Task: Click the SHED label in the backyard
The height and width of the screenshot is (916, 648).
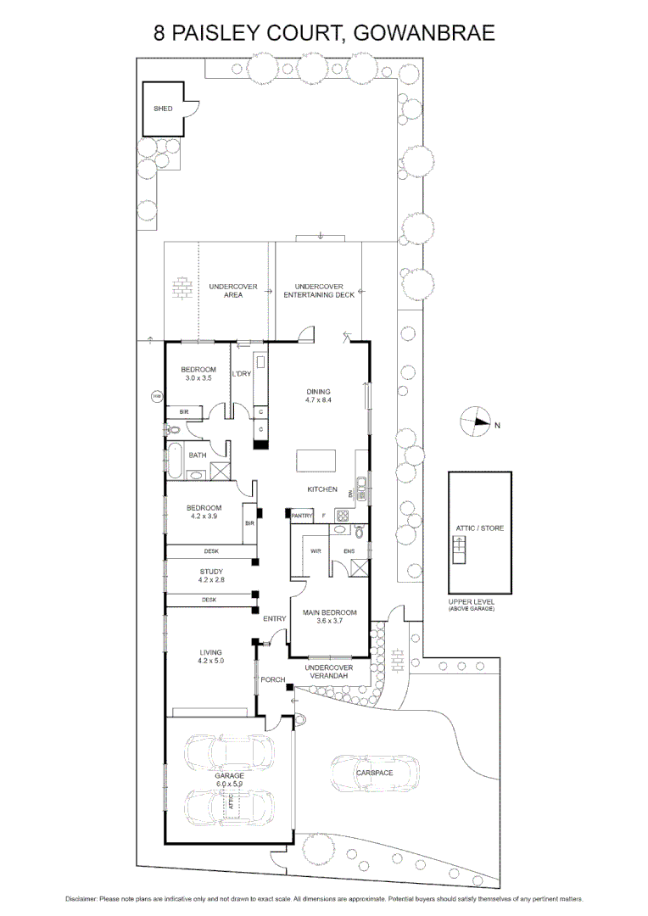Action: [x=163, y=109]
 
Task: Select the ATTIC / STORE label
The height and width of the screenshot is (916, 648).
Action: [x=480, y=528]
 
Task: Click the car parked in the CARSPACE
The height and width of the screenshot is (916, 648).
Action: [x=375, y=773]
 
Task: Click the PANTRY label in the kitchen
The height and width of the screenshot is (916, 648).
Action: [x=302, y=516]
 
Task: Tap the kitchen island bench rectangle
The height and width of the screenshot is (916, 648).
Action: [x=316, y=462]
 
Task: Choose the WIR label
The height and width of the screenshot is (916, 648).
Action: [x=316, y=551]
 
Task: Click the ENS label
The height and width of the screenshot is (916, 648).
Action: [x=349, y=551]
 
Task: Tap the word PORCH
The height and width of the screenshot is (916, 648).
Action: [x=272, y=679]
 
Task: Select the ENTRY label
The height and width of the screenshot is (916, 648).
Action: [x=274, y=619]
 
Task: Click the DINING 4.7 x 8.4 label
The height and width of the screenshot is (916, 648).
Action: [x=318, y=395]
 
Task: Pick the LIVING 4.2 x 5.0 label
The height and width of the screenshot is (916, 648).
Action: [x=210, y=656]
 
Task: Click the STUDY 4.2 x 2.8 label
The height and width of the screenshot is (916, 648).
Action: [x=210, y=576]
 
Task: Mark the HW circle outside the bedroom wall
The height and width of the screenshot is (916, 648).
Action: [x=156, y=396]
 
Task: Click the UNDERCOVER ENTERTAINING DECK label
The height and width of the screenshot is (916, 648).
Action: [x=319, y=291]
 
